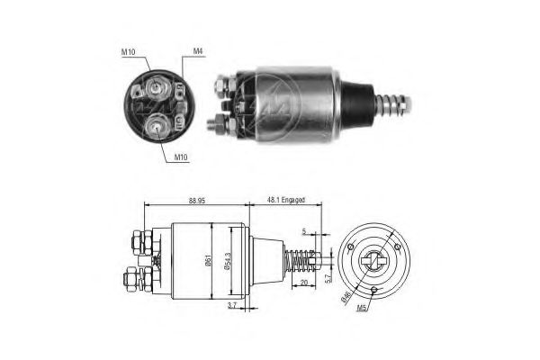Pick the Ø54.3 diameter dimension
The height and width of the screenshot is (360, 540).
(229, 262)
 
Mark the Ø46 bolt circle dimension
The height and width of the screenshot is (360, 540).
(346, 293)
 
